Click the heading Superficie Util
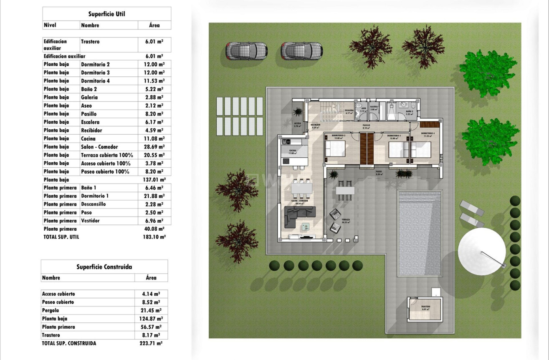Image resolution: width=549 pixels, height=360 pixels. coord(106,14)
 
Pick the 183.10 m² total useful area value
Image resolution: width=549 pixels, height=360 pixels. coord(154,237)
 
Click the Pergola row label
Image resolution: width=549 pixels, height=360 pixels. coord(51,310)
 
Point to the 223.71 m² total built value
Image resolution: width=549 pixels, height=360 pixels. coord(151,343)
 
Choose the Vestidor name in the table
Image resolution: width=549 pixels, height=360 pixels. coord(91,221)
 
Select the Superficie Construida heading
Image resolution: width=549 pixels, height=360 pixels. coord(104,267)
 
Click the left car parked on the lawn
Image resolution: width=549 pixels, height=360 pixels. coord(246,51)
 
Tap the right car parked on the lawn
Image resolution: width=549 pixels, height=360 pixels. coord(302,51)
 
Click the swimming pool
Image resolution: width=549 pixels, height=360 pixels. coord(420,233)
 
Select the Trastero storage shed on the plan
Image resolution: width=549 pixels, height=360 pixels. coord(425,309)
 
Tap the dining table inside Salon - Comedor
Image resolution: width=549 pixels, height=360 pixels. coord(301,189)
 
